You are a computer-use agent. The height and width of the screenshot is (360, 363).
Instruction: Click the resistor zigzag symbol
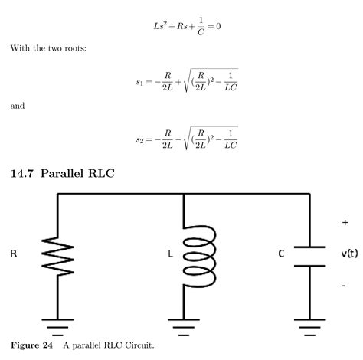[57, 254]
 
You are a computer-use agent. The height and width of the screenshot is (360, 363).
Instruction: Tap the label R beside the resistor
[13, 254]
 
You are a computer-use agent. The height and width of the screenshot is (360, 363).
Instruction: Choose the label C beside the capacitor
[282, 254]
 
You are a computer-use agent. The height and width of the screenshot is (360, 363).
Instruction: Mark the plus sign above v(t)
[345, 222]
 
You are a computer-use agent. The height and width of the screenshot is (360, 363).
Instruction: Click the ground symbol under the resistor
[57, 327]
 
